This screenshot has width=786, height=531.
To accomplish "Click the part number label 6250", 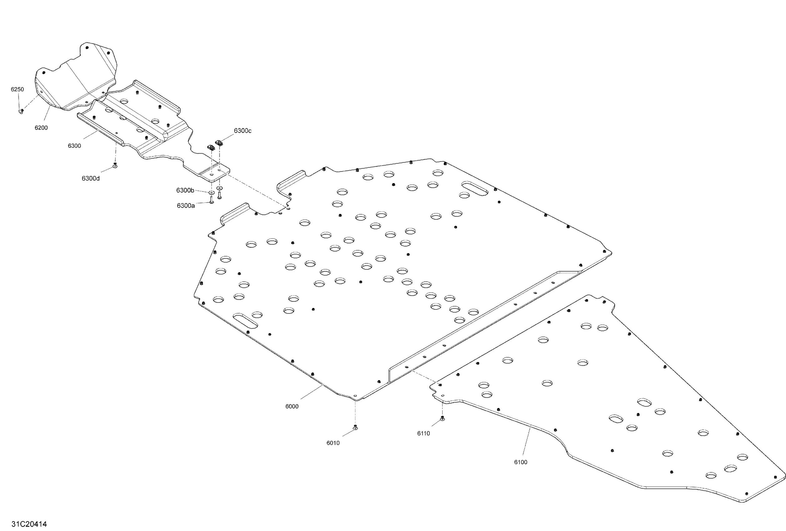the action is click(17, 89).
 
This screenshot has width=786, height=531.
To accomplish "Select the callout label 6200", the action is click(41, 128).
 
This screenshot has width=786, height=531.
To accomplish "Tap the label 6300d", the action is click(91, 179).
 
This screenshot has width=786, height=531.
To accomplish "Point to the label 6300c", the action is click(243, 131).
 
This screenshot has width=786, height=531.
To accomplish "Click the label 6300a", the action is click(186, 206).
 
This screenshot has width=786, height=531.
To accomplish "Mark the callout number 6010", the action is click(333, 443).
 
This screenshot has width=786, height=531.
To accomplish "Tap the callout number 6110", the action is click(423, 434).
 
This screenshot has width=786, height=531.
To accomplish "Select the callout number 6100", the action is click(521, 462).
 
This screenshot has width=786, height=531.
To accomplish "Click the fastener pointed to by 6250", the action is click(21, 111).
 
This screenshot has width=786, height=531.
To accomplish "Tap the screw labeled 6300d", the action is click(115, 166).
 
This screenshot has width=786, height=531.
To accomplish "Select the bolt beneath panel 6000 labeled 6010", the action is click(355, 428).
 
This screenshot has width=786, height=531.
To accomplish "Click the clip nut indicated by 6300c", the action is click(219, 143).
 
